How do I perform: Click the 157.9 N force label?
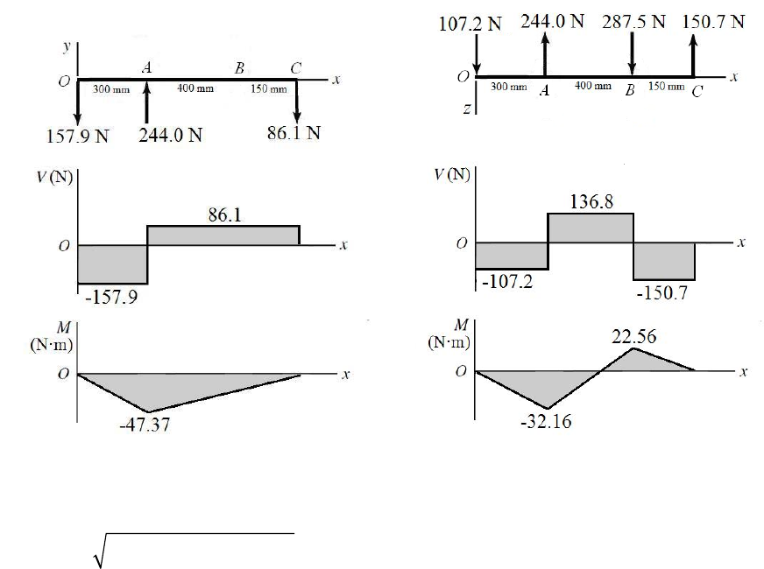(77, 136)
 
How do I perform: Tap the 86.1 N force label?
(294, 133)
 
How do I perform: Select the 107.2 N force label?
(470, 24)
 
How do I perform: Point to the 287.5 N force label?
(633, 22)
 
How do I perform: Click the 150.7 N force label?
(713, 22)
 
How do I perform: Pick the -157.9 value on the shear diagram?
(111, 297)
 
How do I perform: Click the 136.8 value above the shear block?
(591, 201)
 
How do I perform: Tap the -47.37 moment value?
(145, 425)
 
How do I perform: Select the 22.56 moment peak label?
(634, 336)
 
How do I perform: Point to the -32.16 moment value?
(546, 422)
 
